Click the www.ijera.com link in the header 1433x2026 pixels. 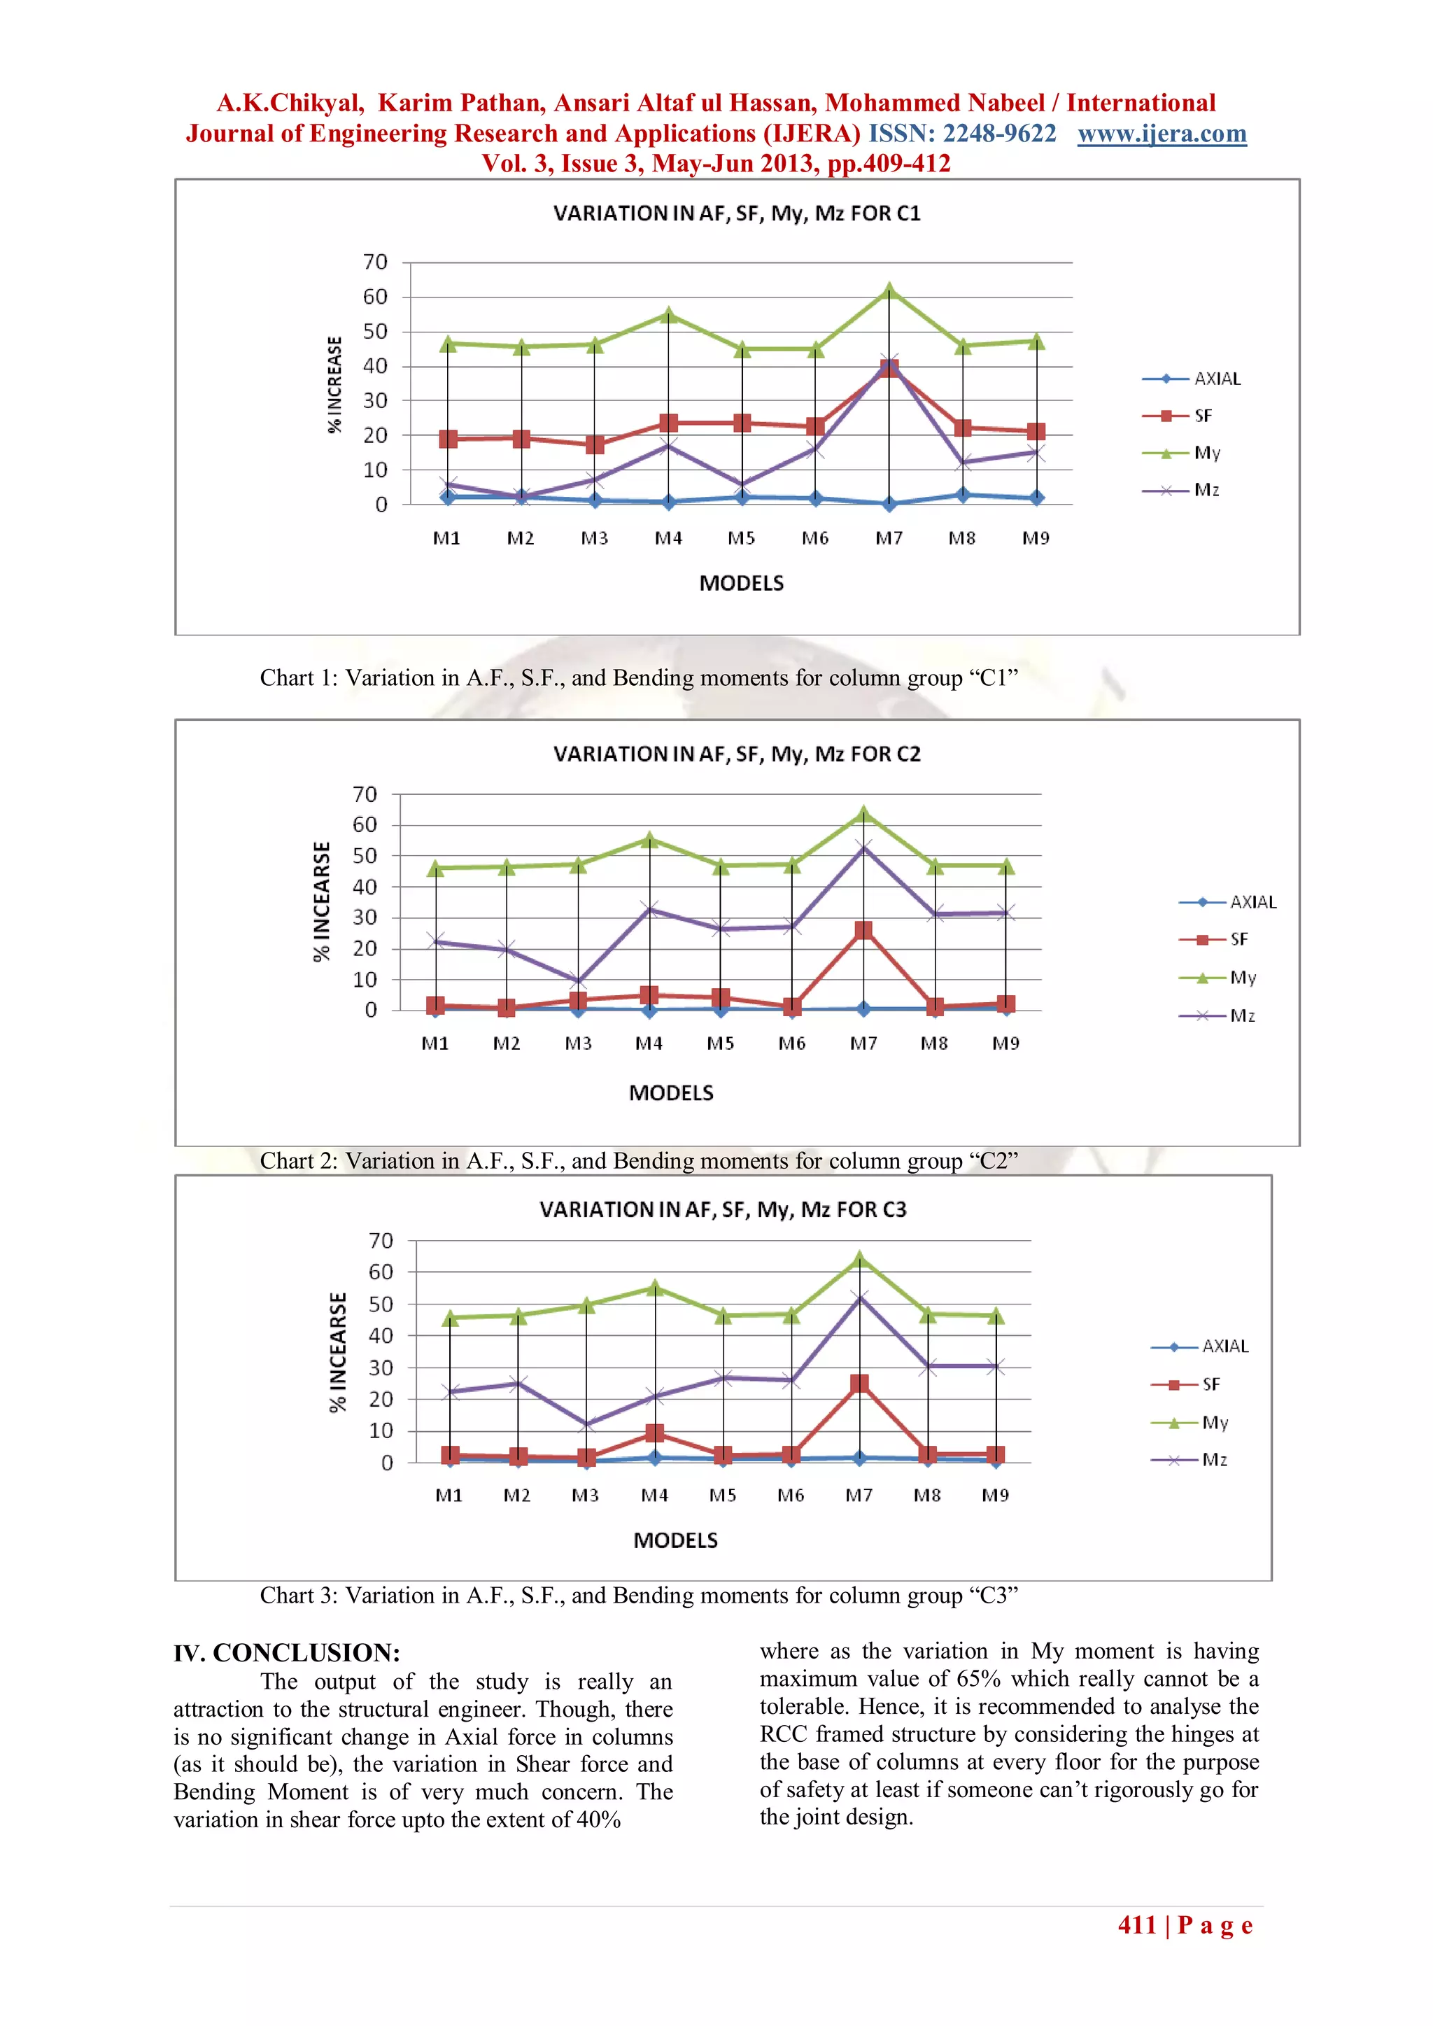pos(1162,133)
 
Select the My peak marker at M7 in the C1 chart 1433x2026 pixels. pos(889,290)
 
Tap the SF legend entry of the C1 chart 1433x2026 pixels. pos(1203,416)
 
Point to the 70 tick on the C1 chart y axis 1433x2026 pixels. pos(375,262)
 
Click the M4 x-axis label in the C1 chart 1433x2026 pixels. pos(668,538)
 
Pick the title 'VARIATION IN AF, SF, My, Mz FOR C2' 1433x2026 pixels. pos(737,754)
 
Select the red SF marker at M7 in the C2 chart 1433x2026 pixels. pos(863,930)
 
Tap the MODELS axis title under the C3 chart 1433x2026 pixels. pos(675,1541)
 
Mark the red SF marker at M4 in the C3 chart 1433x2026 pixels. pos(654,1433)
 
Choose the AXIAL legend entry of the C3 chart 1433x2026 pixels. pos(1224,1346)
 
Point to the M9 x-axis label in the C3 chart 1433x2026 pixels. pos(996,1496)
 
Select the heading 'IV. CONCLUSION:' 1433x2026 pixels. pos(287,1653)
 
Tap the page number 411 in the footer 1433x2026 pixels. pos(1136,1925)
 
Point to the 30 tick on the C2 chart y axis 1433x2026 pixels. pos(365,917)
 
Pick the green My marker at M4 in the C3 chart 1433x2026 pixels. pos(654,1288)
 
